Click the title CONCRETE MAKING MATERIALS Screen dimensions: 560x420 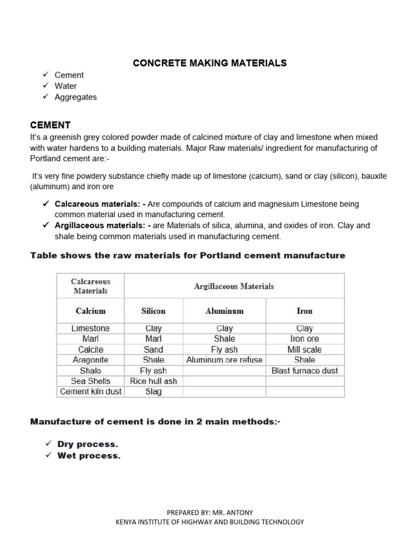coord(210,63)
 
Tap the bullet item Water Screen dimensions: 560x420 coord(66,86)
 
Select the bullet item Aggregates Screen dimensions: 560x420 coord(75,97)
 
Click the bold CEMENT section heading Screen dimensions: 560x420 coord(50,125)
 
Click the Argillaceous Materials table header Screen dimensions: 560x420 coord(234,286)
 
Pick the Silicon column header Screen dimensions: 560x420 coord(153,311)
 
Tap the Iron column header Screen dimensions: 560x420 coord(305,311)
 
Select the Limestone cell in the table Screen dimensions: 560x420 coord(91,329)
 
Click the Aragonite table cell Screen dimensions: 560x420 coord(91,360)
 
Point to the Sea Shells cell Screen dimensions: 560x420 coord(91,381)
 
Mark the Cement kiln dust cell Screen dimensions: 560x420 coord(91,392)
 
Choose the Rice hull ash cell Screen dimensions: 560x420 coord(153,381)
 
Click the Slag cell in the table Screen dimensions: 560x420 coord(153,392)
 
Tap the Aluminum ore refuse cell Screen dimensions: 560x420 coord(224,360)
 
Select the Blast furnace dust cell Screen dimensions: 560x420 coord(305,371)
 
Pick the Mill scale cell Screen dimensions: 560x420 coord(305,349)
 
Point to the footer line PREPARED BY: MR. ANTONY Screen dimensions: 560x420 coord(210,512)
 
